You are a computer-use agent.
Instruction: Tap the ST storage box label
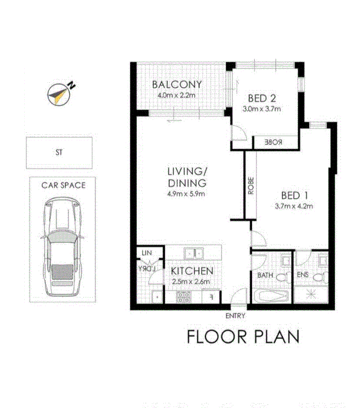coord(59,152)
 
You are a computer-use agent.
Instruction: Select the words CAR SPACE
coord(64,185)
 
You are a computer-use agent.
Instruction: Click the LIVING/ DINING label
coord(186,176)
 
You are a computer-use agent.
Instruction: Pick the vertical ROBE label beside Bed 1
coord(251,185)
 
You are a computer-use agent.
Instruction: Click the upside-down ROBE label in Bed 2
coord(274,142)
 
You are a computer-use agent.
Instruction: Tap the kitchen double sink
coord(194,253)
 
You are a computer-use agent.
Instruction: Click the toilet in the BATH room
coord(281,278)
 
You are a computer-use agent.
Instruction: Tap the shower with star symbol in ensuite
coord(311,295)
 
